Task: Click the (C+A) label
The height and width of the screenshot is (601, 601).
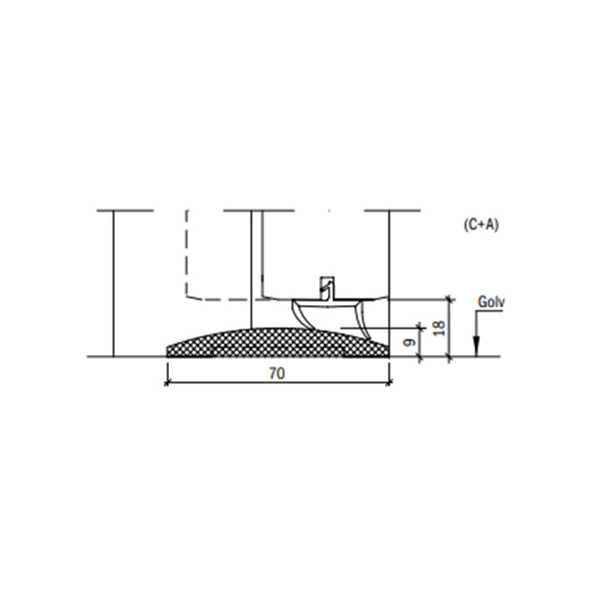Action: point(481,225)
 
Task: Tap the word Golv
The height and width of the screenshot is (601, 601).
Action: point(491,302)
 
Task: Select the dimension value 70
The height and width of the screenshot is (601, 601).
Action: point(277,374)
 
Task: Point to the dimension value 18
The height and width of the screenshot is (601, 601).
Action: point(440,328)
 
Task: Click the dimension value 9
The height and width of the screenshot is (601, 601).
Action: point(410,342)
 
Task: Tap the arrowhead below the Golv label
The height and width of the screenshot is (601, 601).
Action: point(476,346)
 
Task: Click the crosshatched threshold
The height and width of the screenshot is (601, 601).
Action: point(278,343)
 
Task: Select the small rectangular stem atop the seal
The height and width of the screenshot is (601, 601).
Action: point(328,287)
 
